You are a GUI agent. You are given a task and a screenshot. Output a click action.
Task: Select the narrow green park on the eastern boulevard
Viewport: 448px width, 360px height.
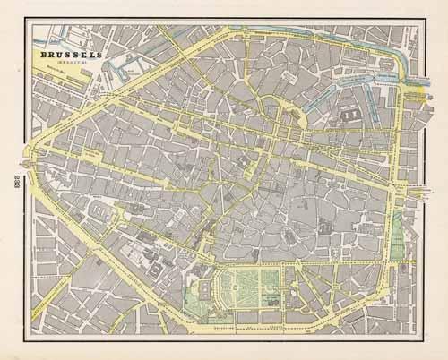click(397, 235)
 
